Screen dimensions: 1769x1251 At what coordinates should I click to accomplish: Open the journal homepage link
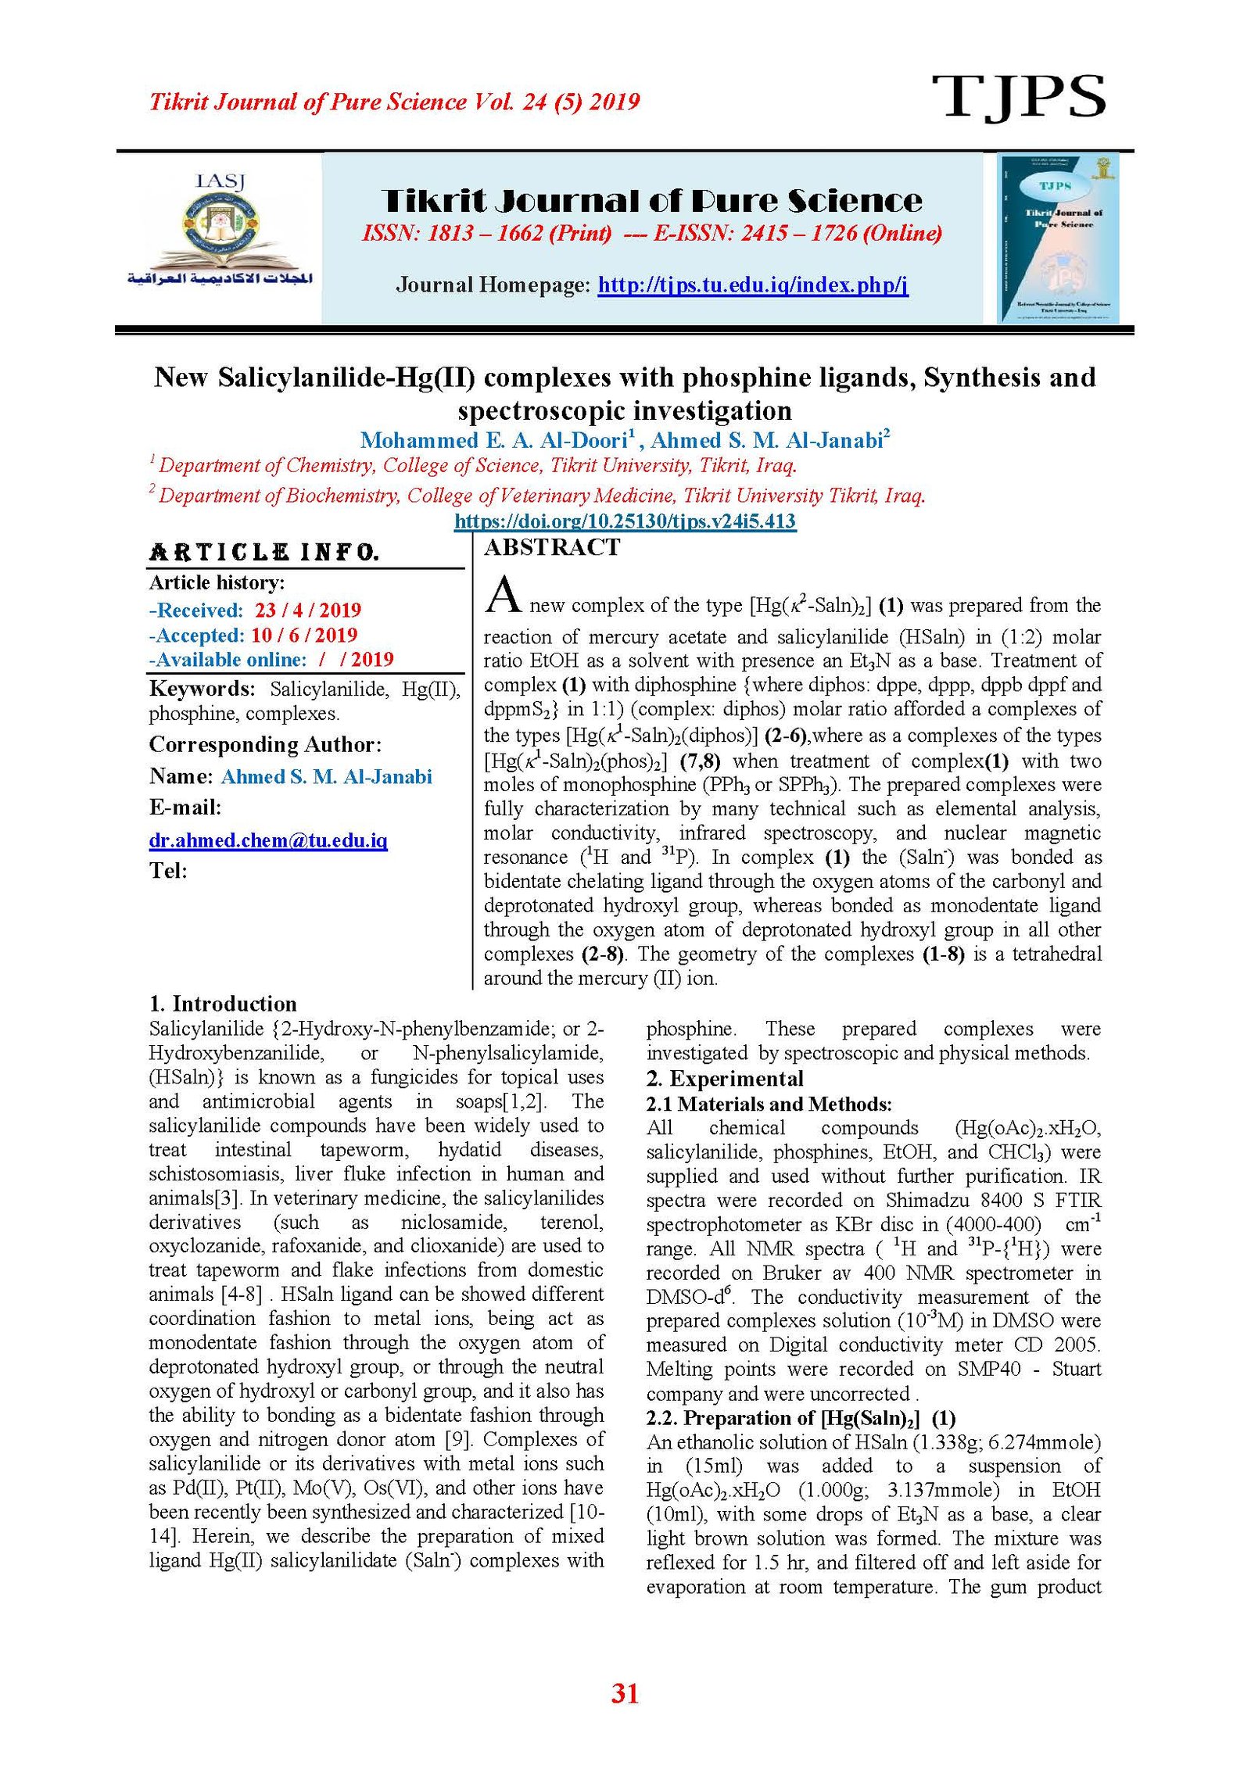pos(752,285)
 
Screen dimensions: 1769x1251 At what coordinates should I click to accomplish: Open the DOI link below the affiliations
pos(625,521)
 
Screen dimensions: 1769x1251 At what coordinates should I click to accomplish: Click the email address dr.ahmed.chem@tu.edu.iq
pos(268,840)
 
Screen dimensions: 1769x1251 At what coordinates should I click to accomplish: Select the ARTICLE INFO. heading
pos(264,553)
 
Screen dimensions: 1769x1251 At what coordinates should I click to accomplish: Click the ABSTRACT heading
pos(551,547)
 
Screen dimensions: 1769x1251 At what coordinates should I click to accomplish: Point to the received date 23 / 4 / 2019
pos(307,610)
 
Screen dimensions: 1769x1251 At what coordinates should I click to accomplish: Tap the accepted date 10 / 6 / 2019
pos(303,635)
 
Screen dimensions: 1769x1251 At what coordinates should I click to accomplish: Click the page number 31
pos(625,1693)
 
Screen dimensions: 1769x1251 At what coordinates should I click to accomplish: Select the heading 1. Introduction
pos(223,1004)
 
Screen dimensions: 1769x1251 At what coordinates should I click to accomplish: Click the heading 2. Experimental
pos(724,1079)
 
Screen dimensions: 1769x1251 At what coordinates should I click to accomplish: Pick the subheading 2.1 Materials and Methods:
pos(769,1104)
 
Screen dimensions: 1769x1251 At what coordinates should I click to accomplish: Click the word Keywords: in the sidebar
pos(202,689)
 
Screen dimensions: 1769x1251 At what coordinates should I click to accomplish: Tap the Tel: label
pos(168,871)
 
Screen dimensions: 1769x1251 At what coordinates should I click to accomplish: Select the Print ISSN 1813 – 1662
pos(486,233)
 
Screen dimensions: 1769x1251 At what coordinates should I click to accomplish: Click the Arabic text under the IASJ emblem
pos(220,278)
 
